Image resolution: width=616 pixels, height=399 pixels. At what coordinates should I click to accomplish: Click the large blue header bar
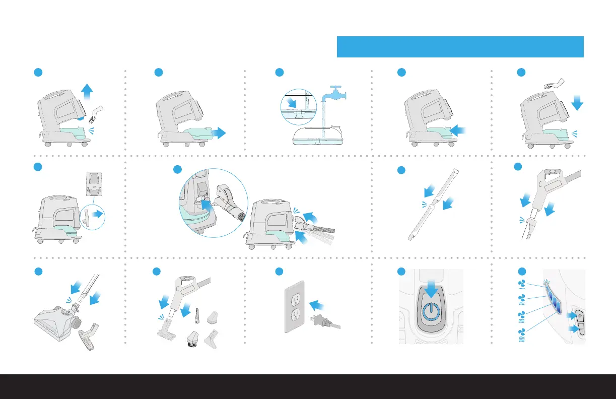(x=460, y=47)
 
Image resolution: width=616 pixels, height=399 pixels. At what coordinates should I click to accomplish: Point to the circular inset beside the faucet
(x=298, y=107)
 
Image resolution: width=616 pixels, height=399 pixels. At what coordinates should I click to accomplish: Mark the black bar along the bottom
(x=308, y=386)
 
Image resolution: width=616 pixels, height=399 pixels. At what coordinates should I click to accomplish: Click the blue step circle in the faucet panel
(x=280, y=73)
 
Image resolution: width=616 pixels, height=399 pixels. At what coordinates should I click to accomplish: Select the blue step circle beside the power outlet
(x=280, y=272)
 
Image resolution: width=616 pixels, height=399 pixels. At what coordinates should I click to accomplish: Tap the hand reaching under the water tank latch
(x=96, y=113)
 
